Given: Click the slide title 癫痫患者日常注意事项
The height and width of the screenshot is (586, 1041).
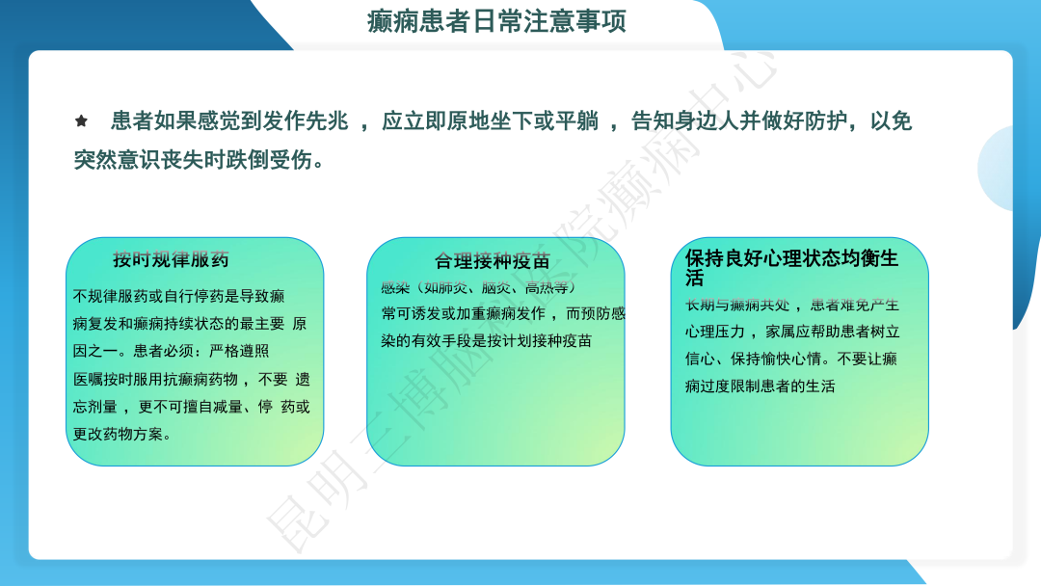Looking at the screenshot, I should (x=497, y=21).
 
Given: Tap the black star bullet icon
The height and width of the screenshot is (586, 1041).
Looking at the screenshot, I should (x=82, y=121).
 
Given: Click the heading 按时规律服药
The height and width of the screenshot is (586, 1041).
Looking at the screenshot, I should (x=171, y=259).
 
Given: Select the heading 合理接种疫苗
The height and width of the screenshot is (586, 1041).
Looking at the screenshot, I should (x=493, y=261).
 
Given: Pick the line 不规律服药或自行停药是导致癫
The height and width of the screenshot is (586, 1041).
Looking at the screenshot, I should (x=178, y=296).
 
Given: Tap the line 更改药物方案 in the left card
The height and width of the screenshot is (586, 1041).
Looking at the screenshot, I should (x=122, y=434).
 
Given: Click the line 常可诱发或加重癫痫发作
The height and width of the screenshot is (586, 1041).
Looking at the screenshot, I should (x=463, y=313).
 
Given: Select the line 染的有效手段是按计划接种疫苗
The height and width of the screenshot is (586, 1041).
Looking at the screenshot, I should (x=486, y=340).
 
